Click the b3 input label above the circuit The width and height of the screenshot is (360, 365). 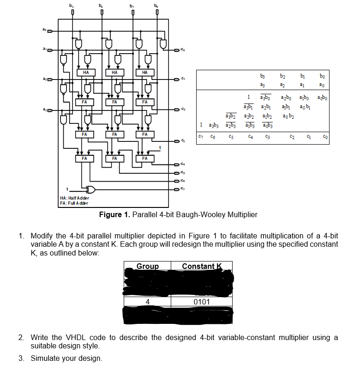pyautogui.click(x=71, y=5)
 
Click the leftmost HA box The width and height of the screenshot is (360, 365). pyautogui.click(x=85, y=73)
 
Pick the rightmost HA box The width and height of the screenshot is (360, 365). pyautogui.click(x=144, y=73)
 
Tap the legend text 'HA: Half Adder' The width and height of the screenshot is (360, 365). pyautogui.click(x=75, y=198)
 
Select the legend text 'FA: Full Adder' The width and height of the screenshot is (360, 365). pyautogui.click(x=74, y=203)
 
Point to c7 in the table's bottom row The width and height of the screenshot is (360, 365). pyautogui.click(x=200, y=137)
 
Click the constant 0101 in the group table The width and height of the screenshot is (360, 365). pyautogui.click(x=202, y=302)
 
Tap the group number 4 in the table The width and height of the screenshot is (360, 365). pyautogui.click(x=148, y=302)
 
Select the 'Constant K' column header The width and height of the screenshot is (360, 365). pyautogui.click(x=202, y=266)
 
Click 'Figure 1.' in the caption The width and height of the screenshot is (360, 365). pyautogui.click(x=115, y=215)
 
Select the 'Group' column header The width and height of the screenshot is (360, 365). pyautogui.click(x=148, y=266)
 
